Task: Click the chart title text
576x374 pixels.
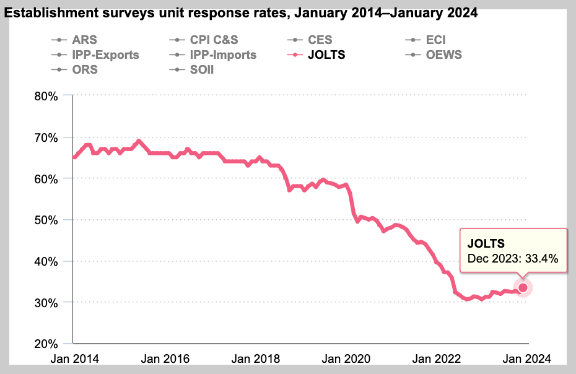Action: [241, 13]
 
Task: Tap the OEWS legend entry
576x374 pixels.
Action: [443, 55]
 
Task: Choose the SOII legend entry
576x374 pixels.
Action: [201, 69]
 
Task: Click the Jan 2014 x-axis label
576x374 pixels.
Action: [74, 359]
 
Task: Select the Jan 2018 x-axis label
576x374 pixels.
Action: [256, 359]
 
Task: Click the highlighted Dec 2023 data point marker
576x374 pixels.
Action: [523, 287]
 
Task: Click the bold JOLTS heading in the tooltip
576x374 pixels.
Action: [486, 243]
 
